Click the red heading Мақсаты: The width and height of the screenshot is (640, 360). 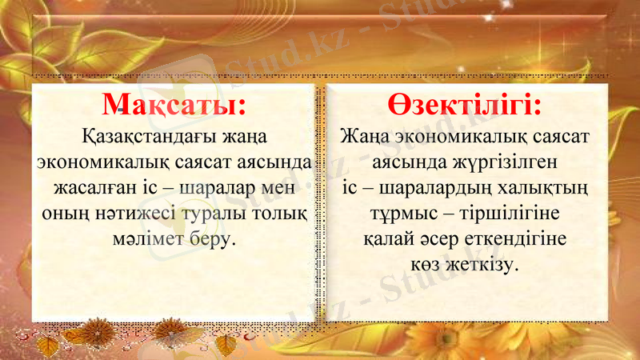coord(174,106)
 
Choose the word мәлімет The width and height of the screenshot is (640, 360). coord(152,240)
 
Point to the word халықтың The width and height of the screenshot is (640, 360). coord(546,190)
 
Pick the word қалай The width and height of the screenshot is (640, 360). coord(389,240)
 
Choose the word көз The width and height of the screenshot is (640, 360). coord(426,264)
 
